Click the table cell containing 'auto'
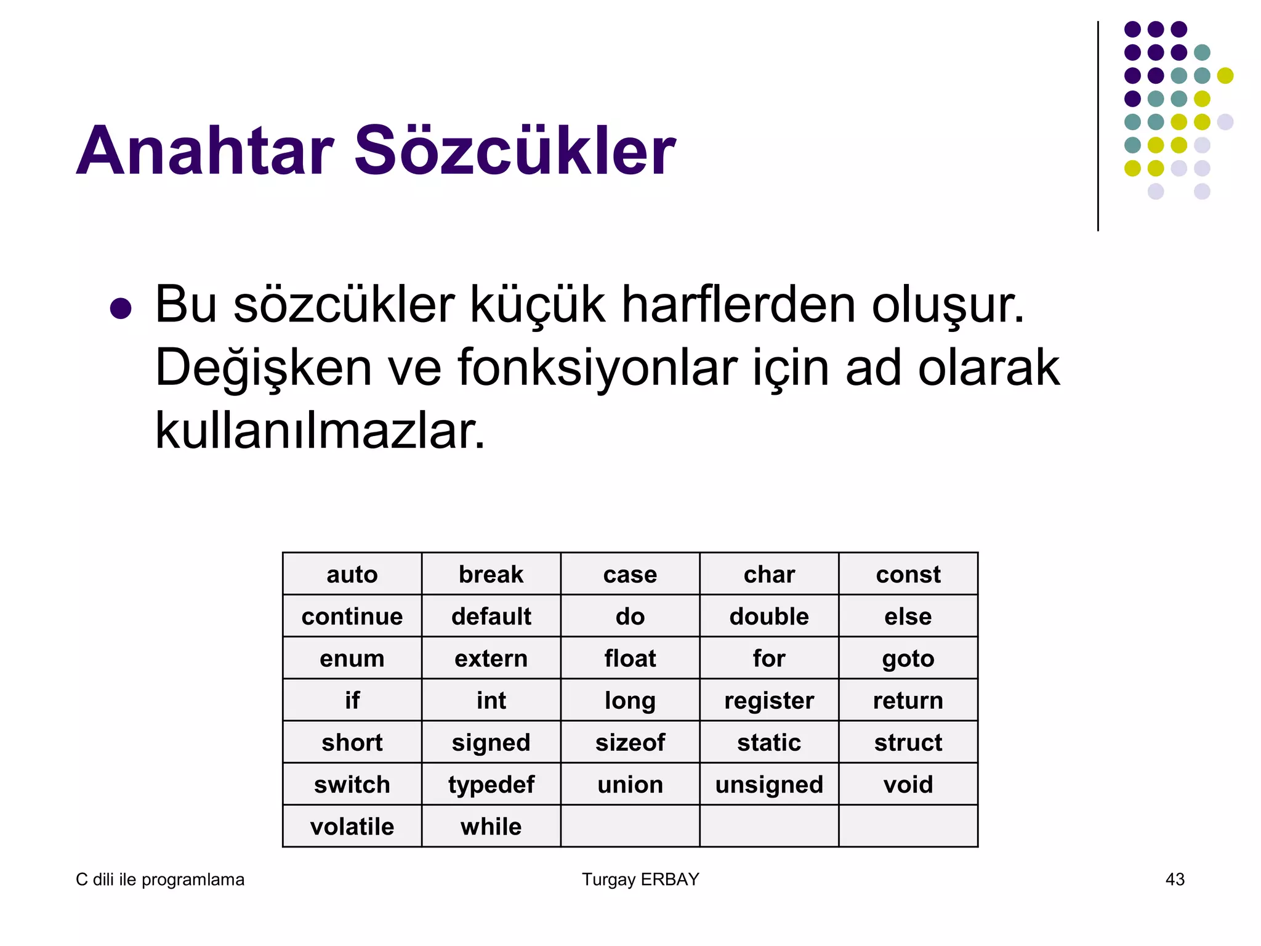[352, 574]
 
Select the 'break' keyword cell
[491, 574]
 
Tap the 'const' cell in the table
[908, 574]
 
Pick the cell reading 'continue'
[352, 616]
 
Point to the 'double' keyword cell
[769, 616]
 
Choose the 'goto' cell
[908, 658]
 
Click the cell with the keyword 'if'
[352, 700]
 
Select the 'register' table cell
[769, 700]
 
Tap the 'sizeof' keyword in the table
[630, 742]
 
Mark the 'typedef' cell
[491, 784]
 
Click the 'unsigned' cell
[769, 784]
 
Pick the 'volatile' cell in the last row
[352, 827]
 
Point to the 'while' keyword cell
[491, 827]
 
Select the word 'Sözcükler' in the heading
[515, 151]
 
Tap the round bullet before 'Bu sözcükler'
[121, 308]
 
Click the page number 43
[1175, 879]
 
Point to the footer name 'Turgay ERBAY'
[640, 879]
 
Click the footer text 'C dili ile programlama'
[160, 879]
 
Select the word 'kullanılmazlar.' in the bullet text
[320, 431]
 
